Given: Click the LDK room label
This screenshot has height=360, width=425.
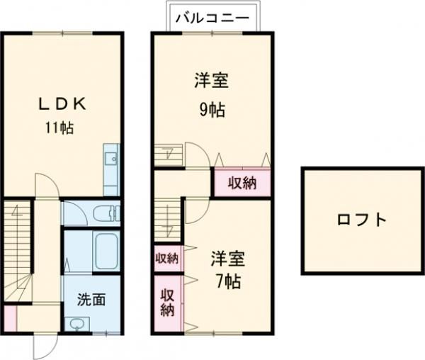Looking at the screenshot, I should pos(62,103).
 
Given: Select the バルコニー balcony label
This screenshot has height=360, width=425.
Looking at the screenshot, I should pos(212,16).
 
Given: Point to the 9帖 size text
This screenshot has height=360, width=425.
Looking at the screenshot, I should pos(211,110).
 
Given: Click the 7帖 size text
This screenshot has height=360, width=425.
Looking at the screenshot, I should pos(227,281).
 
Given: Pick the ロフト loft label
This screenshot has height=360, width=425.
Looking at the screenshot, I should pos(362,220).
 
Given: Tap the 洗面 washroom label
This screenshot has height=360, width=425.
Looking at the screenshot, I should pos(91,299).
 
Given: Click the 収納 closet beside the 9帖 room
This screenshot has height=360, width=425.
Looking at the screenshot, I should pos(242,183).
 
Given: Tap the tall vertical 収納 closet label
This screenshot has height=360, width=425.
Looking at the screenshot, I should pos(167,302).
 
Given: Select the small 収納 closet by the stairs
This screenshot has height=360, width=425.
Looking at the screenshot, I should pos(167,258).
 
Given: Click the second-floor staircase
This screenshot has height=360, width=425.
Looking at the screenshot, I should pos(167,220).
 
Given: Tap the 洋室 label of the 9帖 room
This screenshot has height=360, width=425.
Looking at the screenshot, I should pos(211,81).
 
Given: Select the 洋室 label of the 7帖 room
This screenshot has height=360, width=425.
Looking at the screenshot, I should pos(227,258).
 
